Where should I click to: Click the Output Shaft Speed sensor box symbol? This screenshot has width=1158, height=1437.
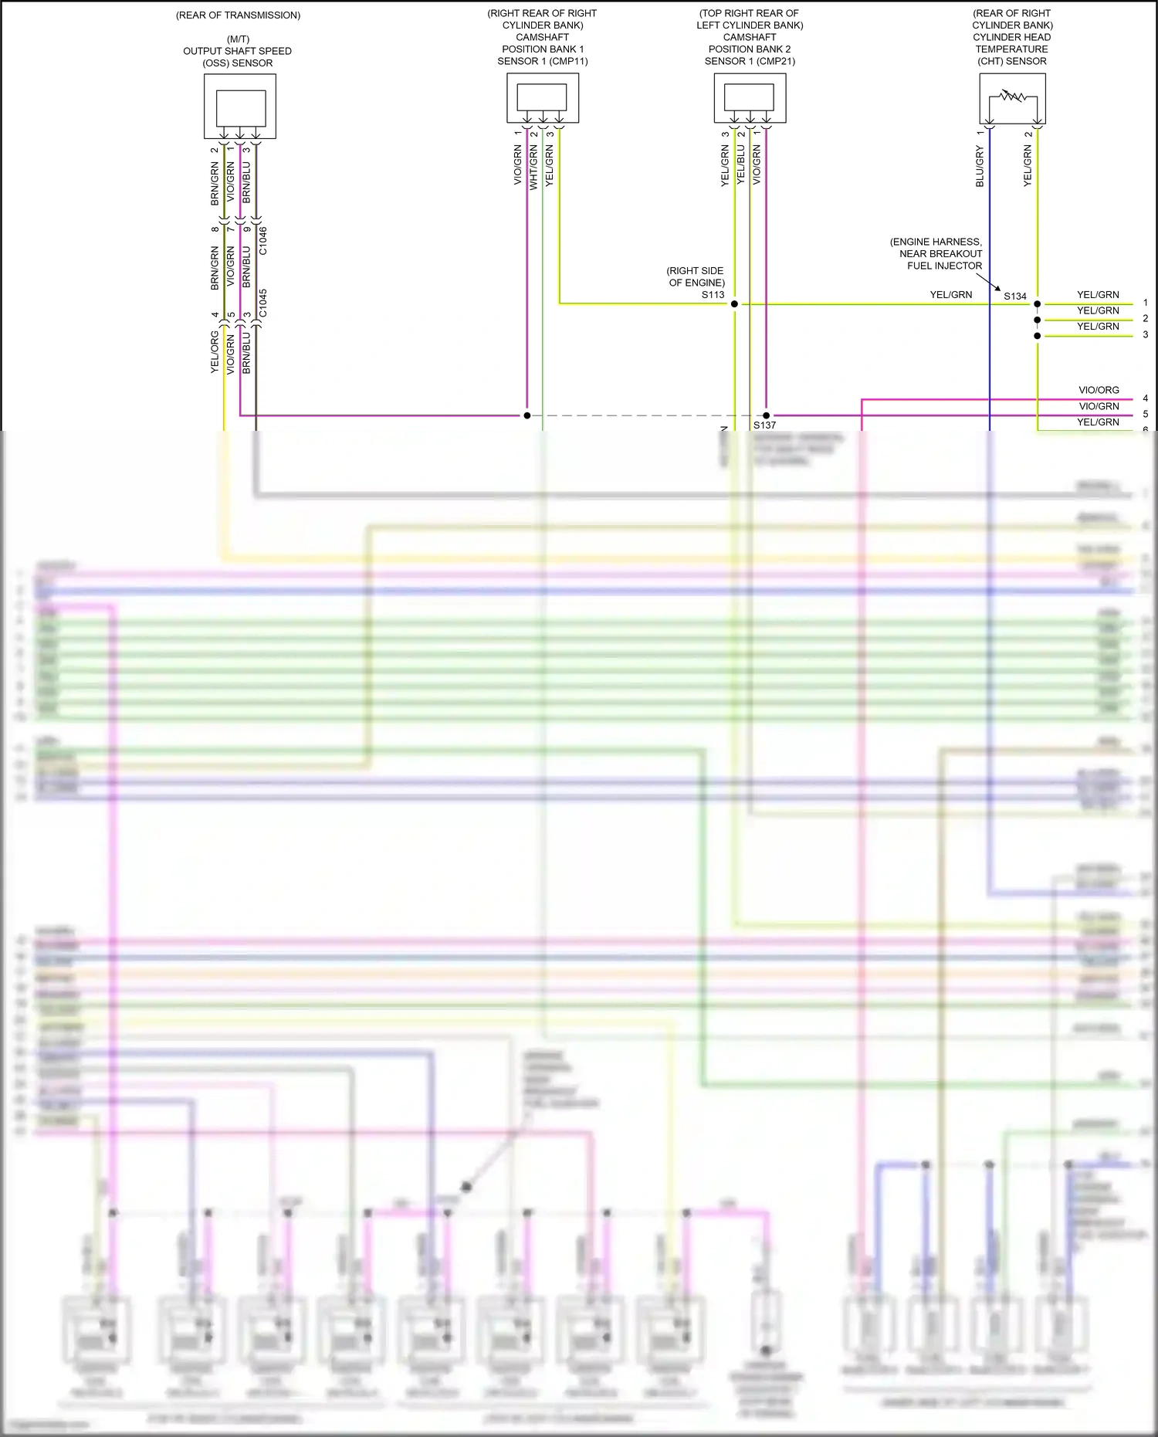pos(240,107)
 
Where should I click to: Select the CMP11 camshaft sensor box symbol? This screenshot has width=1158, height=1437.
pos(542,97)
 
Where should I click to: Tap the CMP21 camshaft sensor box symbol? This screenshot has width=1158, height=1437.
pos(750,97)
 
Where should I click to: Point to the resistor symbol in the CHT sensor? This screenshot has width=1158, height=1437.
pos(1012,97)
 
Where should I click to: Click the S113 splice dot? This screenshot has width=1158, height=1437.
pos(734,303)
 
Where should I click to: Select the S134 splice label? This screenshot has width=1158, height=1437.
pos(1015,297)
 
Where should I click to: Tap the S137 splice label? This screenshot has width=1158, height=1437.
pos(764,425)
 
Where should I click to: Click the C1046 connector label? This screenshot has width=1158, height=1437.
pos(262,241)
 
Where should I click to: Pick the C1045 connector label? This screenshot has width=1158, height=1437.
pos(262,303)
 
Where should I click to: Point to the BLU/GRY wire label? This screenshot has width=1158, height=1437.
pos(980,167)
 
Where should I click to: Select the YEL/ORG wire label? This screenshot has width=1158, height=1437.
pos(215,352)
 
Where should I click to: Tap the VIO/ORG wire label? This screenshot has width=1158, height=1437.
pos(1099,391)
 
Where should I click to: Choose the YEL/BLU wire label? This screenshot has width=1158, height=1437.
pos(740,164)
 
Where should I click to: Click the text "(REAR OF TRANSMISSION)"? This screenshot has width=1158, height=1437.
pos(239,15)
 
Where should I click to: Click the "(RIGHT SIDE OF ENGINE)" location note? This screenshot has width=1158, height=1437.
pos(696,276)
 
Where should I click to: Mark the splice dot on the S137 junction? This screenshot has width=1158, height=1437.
pos(767,415)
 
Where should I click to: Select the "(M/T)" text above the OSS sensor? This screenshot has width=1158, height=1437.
pos(239,39)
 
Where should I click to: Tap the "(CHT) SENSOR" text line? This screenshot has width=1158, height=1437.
pos(1011,62)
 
